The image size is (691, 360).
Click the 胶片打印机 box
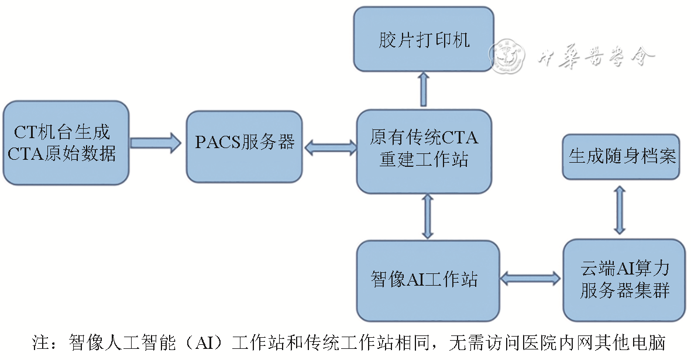424,40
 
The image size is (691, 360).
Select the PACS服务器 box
245,142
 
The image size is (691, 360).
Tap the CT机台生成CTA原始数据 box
65,142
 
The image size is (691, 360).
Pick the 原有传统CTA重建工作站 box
424,150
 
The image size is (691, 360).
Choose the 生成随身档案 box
621,156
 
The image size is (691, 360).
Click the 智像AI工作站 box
428,280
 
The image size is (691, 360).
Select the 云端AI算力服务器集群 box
624,279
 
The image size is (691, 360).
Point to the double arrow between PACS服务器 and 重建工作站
330,147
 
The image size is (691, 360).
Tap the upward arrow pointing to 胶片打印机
424,89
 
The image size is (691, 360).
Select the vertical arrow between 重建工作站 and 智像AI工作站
428,216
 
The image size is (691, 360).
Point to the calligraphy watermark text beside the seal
596,57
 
